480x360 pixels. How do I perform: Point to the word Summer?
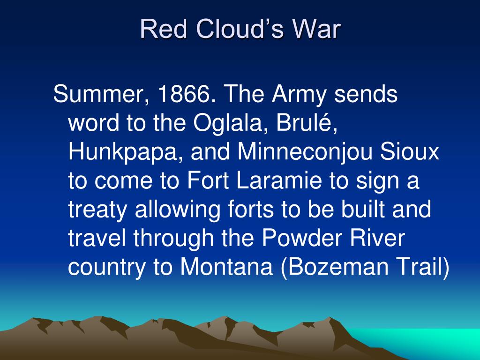point(98,96)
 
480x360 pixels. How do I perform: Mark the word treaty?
point(97,209)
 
